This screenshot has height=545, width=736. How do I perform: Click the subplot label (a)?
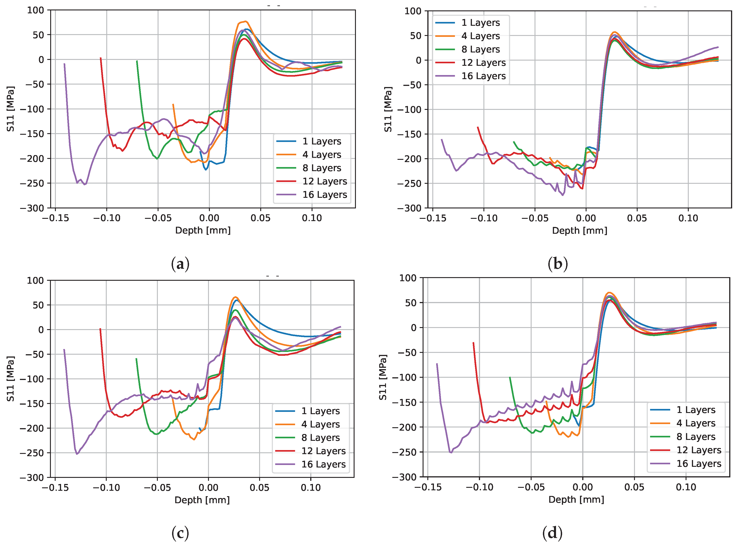[x=180, y=264]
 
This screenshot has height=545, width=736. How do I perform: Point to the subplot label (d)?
[x=552, y=533]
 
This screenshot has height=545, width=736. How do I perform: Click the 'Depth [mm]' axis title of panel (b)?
[x=580, y=230]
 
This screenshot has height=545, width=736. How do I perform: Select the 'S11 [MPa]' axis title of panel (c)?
[x=11, y=379]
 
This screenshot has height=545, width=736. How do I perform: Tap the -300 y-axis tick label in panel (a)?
[x=32, y=208]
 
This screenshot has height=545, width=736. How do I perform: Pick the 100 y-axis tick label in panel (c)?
[x=35, y=281]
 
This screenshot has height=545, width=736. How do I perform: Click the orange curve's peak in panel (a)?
[x=245, y=21]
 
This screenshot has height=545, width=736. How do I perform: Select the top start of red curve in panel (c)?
[x=100, y=329]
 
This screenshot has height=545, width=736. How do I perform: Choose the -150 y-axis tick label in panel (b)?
[x=409, y=134]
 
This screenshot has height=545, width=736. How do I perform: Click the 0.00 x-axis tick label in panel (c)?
[x=208, y=488]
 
